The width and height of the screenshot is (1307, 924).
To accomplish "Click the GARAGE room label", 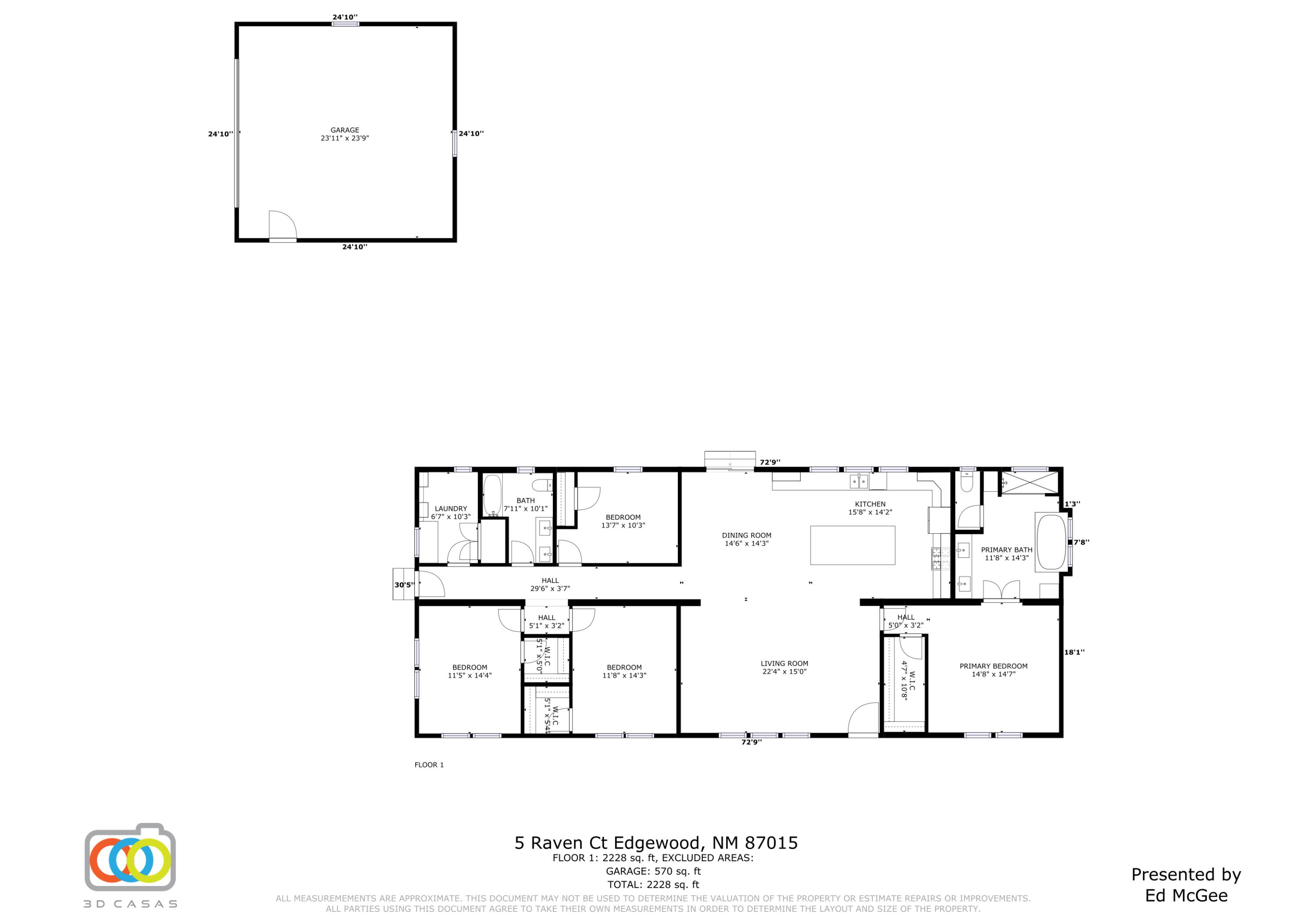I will [345, 130].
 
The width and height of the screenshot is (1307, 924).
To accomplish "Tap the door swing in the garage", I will [283, 224].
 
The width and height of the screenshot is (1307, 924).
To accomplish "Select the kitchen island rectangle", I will [852, 545].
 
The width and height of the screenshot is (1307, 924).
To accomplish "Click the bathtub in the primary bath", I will [1051, 542].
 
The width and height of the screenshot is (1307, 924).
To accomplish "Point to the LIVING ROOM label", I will [784, 663].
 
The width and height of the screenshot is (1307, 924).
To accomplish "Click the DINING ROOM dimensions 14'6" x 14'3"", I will [746, 544].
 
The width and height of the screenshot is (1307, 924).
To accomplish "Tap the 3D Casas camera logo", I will [130, 857].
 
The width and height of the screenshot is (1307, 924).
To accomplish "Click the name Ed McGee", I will [1186, 896].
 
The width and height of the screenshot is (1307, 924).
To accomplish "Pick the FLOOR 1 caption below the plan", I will [429, 765].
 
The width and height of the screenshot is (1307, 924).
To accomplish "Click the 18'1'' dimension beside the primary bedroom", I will [1074, 653].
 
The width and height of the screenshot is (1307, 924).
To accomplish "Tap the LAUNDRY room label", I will [450, 508].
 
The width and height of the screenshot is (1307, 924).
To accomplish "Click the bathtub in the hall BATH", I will [492, 495].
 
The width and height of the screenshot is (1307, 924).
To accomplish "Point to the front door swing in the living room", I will [863, 718].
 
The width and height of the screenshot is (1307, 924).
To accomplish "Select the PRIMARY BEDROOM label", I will [993, 666].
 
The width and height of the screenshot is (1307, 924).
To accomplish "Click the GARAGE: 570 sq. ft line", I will [653, 871].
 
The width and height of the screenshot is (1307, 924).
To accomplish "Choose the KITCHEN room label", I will [870, 504].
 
